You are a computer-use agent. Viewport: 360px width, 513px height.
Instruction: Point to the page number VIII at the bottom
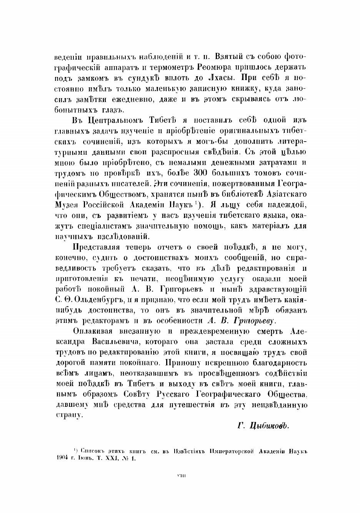pyautogui.click(x=180, y=476)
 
